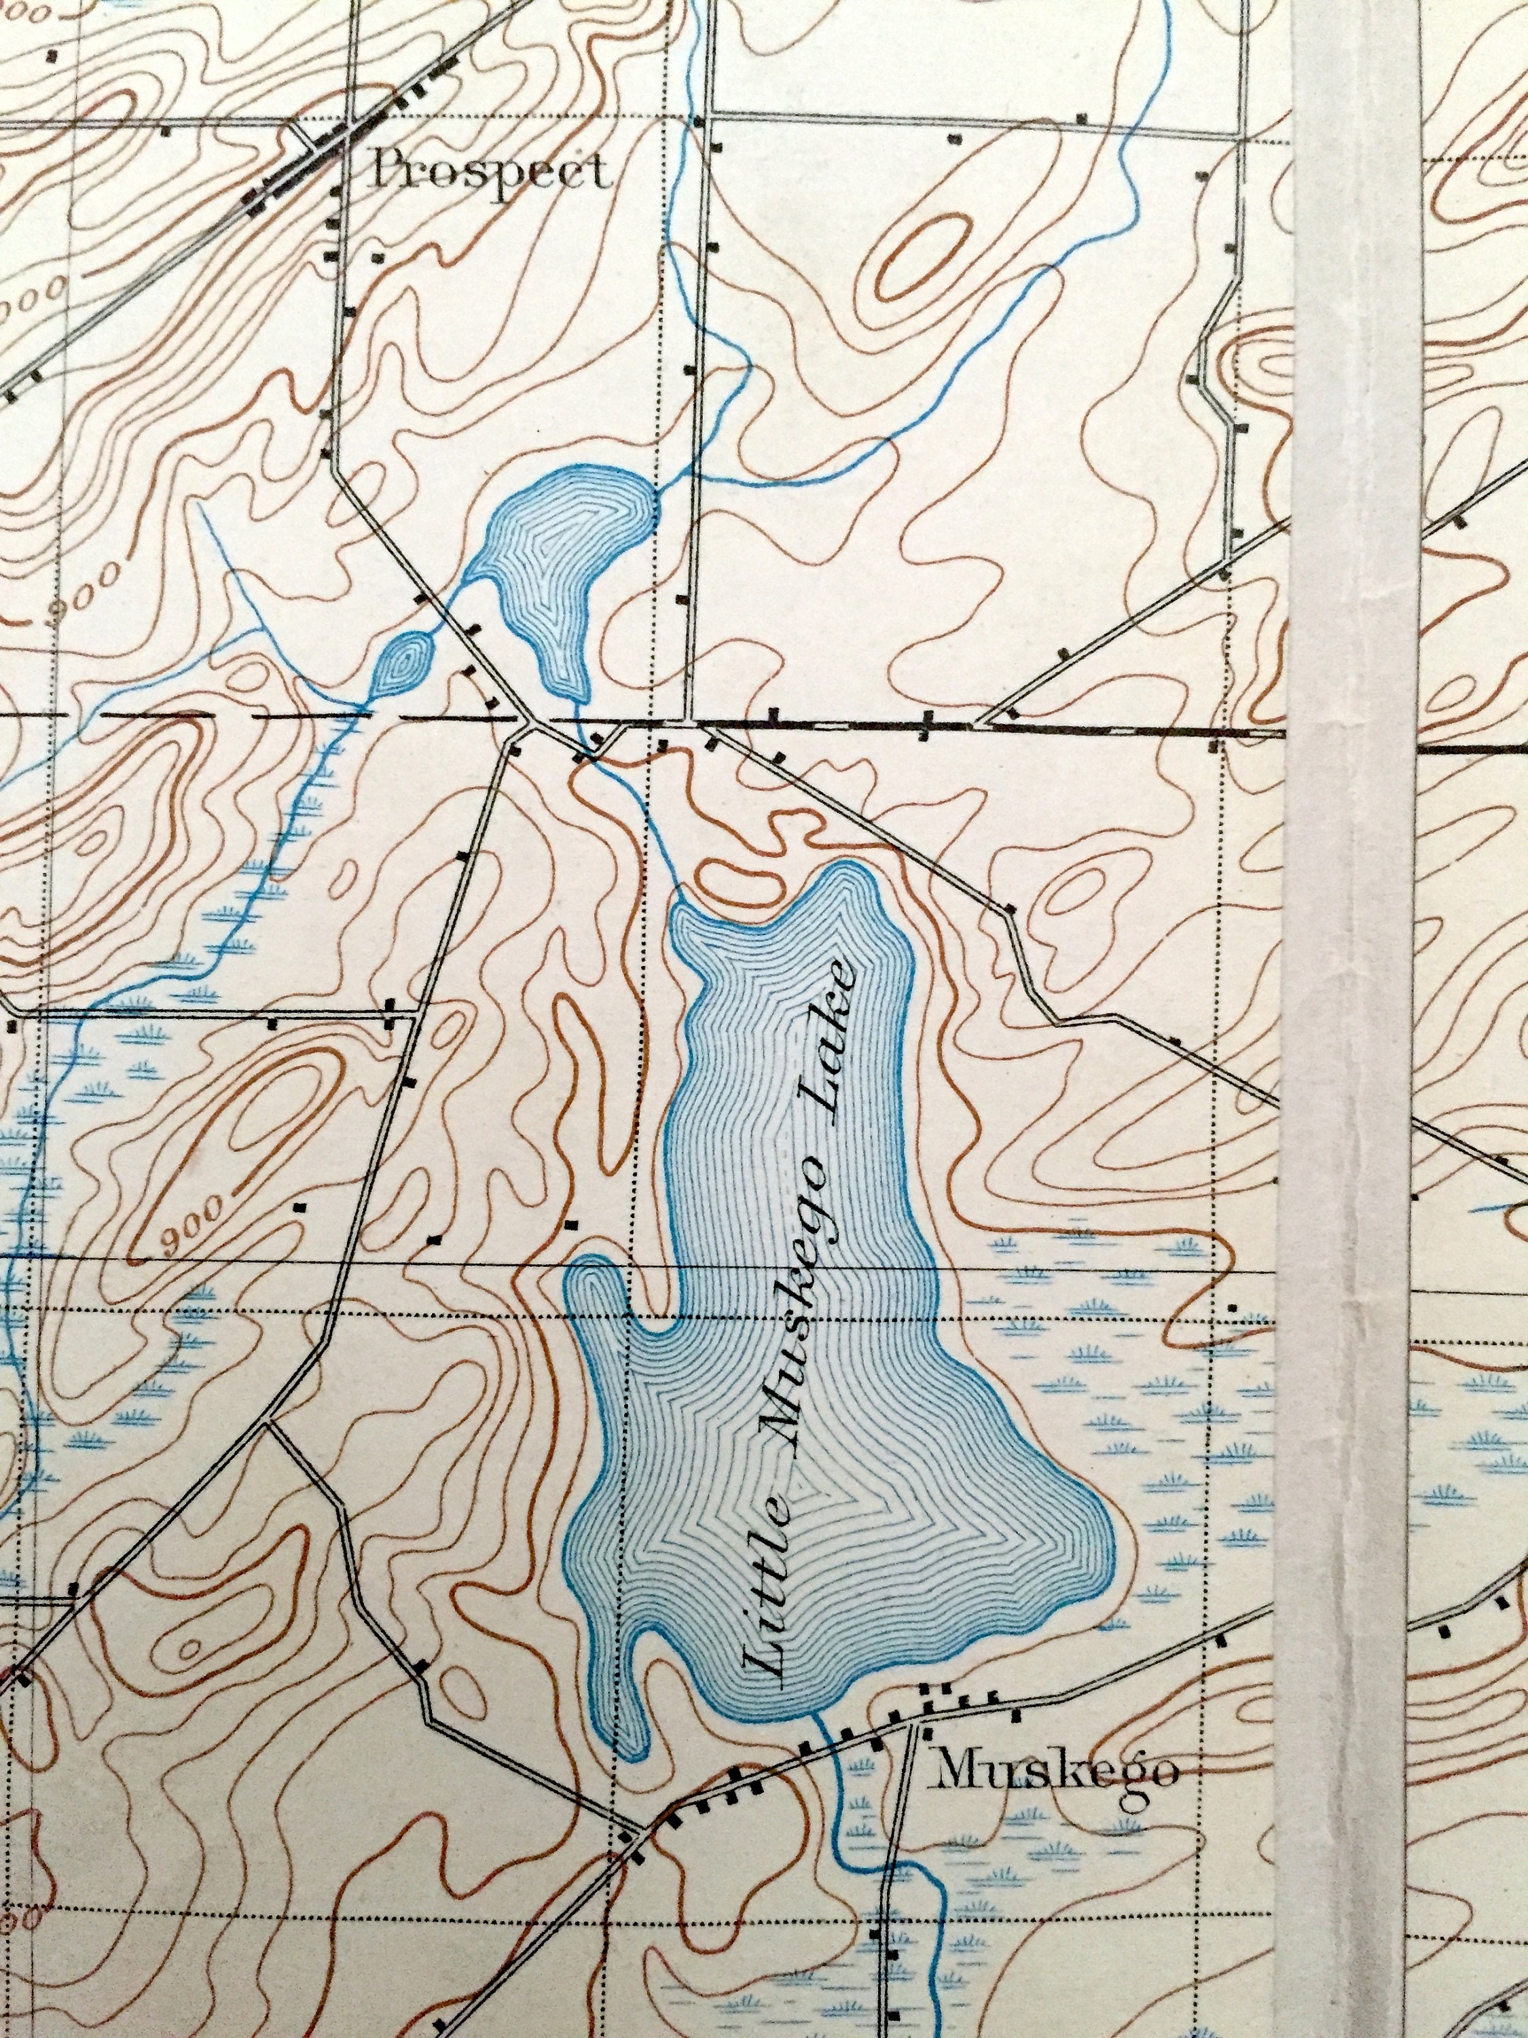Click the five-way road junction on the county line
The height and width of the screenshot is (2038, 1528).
pos(528,724)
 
